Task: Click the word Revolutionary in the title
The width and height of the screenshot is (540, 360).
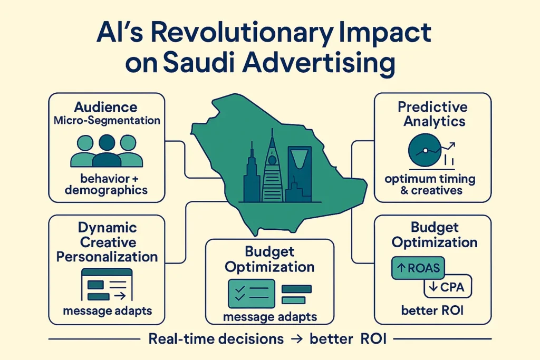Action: tap(242, 34)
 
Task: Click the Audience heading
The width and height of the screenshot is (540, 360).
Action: tap(105, 107)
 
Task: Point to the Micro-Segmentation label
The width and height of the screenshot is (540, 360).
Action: tap(107, 121)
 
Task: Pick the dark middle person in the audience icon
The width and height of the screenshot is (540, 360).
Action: tap(107, 151)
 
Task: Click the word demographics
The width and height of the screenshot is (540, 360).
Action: tap(106, 190)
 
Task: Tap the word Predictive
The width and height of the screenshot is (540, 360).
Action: tap(432, 106)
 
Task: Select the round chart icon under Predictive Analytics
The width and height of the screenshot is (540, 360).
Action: tap(425, 150)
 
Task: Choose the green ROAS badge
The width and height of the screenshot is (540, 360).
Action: tap(418, 268)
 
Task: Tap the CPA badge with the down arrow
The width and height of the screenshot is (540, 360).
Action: tap(448, 287)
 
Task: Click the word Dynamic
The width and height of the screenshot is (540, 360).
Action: tap(108, 228)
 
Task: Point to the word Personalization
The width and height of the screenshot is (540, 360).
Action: tap(107, 257)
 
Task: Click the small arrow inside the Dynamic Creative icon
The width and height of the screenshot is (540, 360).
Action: tap(120, 296)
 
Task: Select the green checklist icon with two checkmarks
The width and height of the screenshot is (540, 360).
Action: tap(252, 294)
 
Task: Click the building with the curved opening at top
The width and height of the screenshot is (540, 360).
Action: tap(300, 174)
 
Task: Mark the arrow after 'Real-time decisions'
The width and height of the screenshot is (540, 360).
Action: tap(296, 339)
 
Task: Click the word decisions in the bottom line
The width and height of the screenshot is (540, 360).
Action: tap(250, 339)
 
